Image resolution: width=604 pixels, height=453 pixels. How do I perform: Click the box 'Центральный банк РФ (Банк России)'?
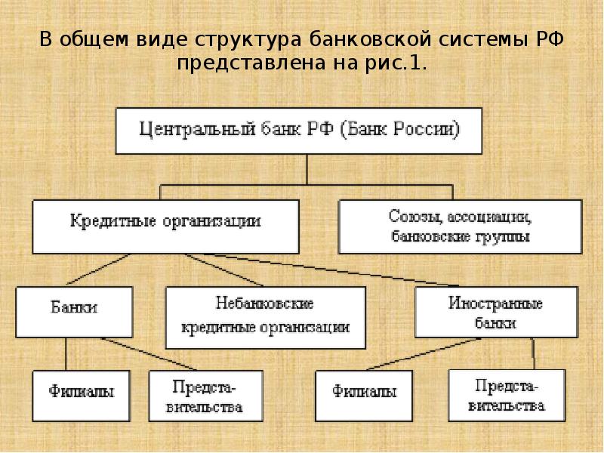point(298,130)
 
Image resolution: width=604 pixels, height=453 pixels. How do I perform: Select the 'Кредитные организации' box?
point(165,224)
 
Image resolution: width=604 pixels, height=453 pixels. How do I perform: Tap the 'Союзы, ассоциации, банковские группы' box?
point(460,226)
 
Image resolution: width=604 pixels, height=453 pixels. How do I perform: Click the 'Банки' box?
point(74,310)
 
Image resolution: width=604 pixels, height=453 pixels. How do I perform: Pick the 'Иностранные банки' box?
point(496,312)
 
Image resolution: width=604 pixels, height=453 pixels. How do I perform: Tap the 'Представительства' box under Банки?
point(206,395)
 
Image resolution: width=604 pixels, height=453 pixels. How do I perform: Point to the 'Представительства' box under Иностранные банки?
point(505,394)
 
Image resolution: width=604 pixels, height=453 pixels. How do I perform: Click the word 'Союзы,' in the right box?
point(418,217)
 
